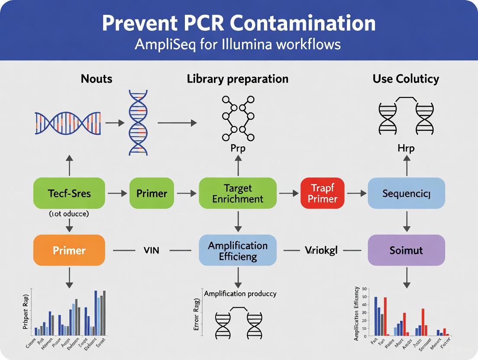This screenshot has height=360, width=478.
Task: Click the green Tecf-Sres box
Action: click(x=69, y=193)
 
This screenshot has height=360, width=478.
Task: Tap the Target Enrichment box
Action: click(x=237, y=193)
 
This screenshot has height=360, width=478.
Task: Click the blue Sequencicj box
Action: click(x=406, y=193)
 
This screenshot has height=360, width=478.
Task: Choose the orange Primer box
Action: click(x=69, y=250)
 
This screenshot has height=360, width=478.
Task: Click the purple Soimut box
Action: click(x=406, y=250)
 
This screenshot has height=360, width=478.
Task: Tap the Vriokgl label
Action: click(x=321, y=250)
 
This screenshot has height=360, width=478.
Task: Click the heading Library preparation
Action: click(x=237, y=79)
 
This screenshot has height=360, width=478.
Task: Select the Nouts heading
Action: click(x=96, y=79)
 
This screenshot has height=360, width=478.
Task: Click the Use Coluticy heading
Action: click(x=406, y=79)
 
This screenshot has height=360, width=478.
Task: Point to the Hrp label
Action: click(x=406, y=148)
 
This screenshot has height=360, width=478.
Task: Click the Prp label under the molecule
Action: click(x=237, y=148)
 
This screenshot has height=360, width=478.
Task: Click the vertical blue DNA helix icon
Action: click(x=138, y=122)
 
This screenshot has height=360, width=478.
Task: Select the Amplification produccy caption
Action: click(x=240, y=293)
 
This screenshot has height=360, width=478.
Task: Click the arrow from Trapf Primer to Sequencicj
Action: click(x=356, y=193)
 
